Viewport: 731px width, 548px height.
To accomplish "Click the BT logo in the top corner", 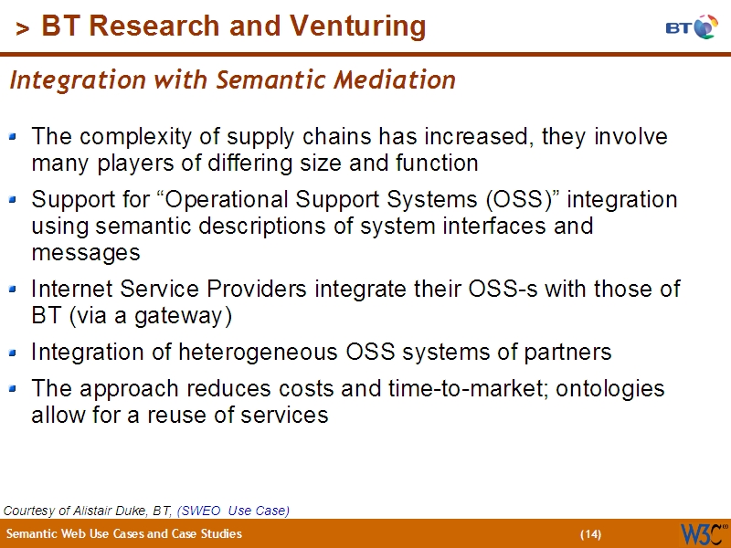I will [x=692, y=26].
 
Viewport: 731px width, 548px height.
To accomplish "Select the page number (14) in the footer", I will [x=590, y=534].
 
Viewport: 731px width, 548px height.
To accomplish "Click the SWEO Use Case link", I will [x=234, y=511].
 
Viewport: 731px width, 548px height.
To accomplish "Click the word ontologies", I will [x=609, y=388].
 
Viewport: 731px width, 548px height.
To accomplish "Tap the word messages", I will [x=85, y=252].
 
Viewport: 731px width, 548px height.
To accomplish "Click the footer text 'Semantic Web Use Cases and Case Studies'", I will [x=124, y=534].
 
